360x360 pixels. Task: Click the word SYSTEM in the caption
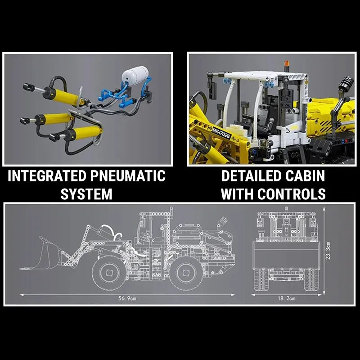[86, 194]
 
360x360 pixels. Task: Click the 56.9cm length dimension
[127, 299]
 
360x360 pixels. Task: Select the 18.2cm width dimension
[287, 299]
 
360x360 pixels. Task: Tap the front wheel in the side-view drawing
[108, 272]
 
